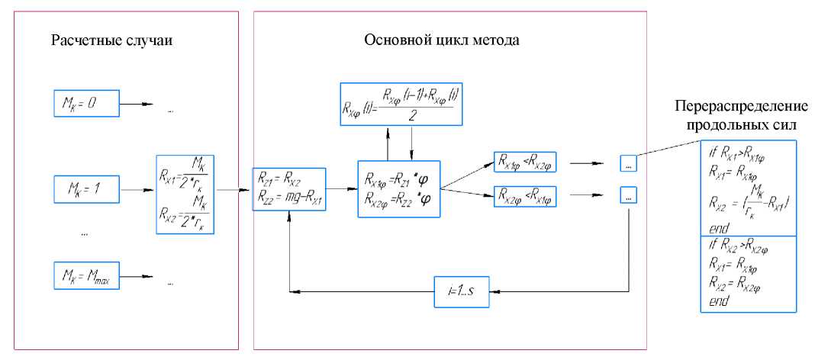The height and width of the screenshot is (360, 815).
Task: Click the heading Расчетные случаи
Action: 111,40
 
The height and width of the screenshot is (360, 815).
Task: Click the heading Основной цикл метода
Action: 441,40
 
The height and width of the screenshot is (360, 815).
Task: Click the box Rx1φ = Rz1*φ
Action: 399,188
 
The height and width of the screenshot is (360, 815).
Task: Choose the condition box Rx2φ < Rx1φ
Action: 525,197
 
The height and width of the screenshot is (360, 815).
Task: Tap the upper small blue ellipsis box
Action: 627,163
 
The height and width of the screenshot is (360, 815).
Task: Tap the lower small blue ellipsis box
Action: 627,197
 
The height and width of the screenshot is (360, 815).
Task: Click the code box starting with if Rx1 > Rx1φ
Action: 748,188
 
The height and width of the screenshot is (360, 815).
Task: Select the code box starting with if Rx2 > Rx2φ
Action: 748,273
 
